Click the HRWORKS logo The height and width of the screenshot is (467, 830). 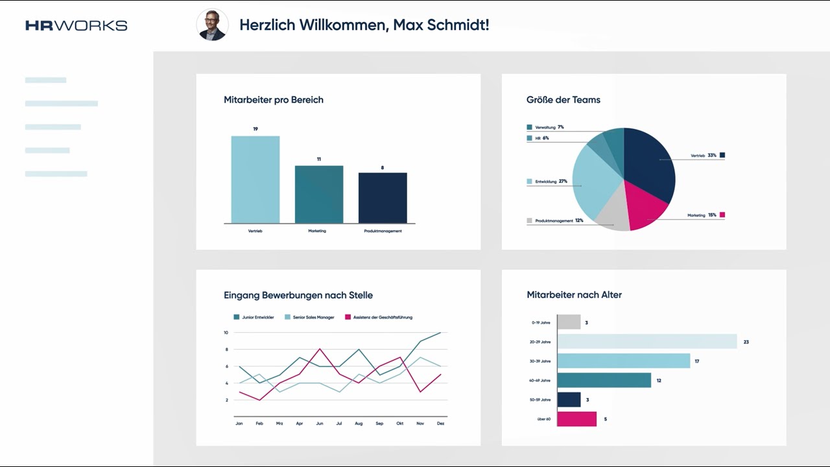click(x=76, y=25)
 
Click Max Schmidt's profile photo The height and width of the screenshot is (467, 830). click(x=212, y=25)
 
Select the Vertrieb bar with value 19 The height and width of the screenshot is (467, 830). click(x=255, y=180)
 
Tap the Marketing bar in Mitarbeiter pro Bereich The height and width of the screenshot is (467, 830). click(x=319, y=195)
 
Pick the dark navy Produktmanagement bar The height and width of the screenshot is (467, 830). click(x=383, y=198)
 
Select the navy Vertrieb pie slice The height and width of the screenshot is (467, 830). click(x=648, y=162)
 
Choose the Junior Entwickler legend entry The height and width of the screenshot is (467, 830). click(x=254, y=317)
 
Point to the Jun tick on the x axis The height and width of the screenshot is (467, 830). click(x=319, y=424)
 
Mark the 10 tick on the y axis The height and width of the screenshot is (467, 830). click(x=226, y=333)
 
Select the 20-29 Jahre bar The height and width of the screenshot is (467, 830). click(x=647, y=341)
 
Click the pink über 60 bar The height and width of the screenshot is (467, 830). click(x=576, y=419)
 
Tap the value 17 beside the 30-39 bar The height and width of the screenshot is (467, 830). click(x=696, y=361)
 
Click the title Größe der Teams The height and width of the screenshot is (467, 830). click(x=563, y=100)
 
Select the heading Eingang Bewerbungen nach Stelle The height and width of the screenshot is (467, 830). click(x=298, y=295)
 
